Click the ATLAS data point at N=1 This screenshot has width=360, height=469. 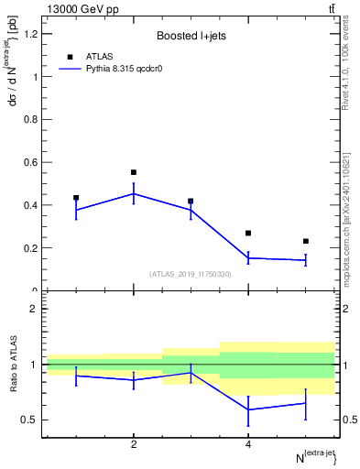click(x=76, y=198)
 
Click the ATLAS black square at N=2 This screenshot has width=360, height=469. click(x=134, y=172)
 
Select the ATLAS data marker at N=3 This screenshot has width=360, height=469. click(x=191, y=201)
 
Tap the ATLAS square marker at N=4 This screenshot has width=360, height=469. click(x=248, y=234)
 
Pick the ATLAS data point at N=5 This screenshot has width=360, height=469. click(x=305, y=241)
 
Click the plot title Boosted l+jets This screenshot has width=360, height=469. click(x=191, y=37)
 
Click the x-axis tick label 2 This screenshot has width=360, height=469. click(x=134, y=444)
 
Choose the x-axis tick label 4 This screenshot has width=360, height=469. click(x=248, y=444)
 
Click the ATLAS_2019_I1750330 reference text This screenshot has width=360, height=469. click(x=191, y=274)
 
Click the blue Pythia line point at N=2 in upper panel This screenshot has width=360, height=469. click(x=134, y=193)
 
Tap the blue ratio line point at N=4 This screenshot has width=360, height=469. click(x=248, y=409)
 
